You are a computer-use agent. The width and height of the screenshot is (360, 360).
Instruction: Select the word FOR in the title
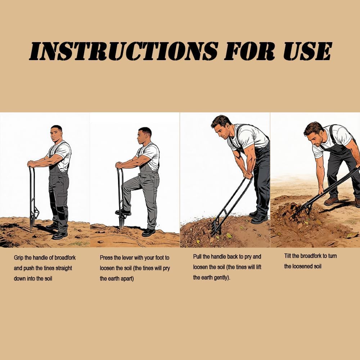[249, 51]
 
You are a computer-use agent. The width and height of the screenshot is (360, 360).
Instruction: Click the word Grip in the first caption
[18, 258]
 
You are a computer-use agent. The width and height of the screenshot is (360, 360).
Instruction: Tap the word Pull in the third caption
[197, 256]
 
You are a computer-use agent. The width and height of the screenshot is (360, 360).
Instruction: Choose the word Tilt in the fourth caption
[287, 256]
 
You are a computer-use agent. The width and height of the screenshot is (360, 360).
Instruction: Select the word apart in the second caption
[126, 279]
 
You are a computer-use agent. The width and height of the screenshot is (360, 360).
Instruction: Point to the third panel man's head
[221, 127]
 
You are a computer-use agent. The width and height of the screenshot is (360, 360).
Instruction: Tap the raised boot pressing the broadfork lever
[123, 212]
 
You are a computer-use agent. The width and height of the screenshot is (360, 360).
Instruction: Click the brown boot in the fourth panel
[331, 201]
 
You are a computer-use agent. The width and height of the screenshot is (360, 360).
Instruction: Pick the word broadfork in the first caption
[65, 258]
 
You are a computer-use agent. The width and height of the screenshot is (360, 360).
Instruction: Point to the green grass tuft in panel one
[79, 243]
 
